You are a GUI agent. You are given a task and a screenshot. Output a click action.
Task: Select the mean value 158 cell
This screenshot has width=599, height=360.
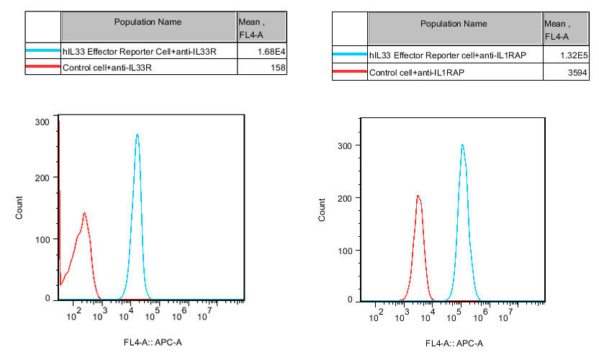[x=278, y=68]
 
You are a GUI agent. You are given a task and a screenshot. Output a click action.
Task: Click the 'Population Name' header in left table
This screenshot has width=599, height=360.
[x=148, y=22]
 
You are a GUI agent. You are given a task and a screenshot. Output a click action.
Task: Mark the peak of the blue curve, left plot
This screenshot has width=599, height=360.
[x=137, y=135]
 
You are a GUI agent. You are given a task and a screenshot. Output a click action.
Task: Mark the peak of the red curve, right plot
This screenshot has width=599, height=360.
[x=417, y=196]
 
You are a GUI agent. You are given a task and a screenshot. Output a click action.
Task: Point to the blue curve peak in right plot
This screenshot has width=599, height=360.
[x=461, y=145]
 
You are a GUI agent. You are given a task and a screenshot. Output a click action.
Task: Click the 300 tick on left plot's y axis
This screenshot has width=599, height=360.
[x=44, y=122]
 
